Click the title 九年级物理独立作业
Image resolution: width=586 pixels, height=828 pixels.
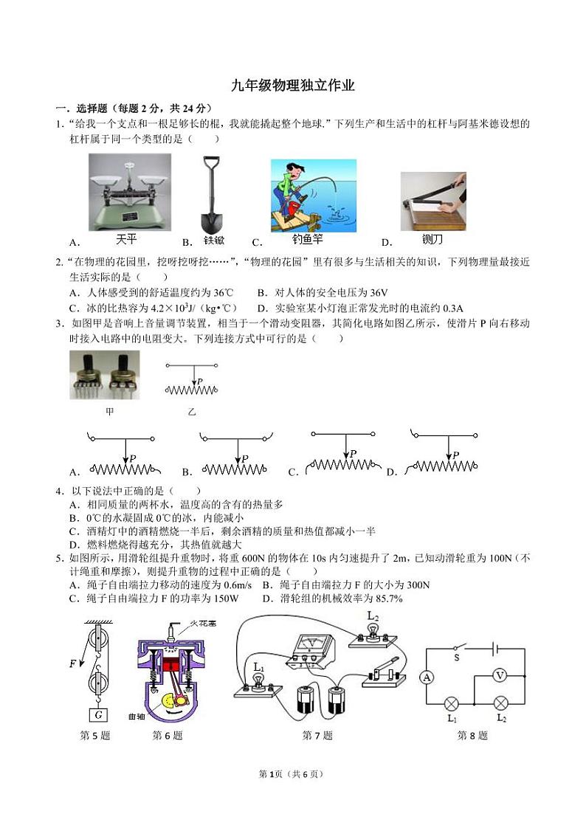(x=293, y=86)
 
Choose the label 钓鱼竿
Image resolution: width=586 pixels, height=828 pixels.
(x=307, y=239)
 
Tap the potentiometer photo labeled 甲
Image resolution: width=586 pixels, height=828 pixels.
(x=105, y=375)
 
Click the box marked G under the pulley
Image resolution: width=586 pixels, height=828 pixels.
(x=96, y=714)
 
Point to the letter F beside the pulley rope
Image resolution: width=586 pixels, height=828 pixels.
(x=73, y=663)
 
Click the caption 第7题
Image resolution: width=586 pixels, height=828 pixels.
(x=317, y=735)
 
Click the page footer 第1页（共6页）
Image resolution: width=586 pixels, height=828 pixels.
(x=293, y=773)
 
